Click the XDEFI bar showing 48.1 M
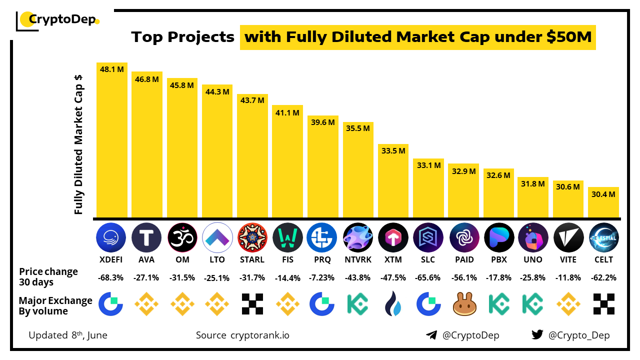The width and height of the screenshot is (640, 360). coord(112,145)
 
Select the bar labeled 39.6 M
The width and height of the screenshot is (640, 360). coord(322,170)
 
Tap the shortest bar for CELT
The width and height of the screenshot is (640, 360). coord(603,205)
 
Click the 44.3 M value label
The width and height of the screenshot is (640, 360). coord(217,91)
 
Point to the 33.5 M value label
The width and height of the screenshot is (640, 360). coord(393,150)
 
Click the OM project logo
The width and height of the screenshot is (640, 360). coord(182,237)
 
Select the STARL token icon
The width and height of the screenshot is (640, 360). coord(252,237)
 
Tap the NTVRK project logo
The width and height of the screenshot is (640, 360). coord(358,237)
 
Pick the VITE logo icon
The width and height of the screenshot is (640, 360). coord(568,237)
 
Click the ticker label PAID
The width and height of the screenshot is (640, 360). coord(463,259)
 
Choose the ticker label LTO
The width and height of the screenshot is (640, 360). coord(217,259)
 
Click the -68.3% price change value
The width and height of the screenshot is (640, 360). coord(111,277)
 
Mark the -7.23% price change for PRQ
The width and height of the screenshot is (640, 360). coord(322,277)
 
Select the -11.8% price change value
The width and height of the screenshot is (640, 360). coord(568,277)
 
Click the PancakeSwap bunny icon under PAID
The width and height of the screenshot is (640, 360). coord(463,304)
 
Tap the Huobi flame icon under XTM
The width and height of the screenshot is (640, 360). coord(393,304)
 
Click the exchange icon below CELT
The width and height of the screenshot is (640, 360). coord(603,304)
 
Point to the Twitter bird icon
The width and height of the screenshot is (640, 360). coord(537,335)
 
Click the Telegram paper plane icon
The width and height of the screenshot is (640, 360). coord(431,335)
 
